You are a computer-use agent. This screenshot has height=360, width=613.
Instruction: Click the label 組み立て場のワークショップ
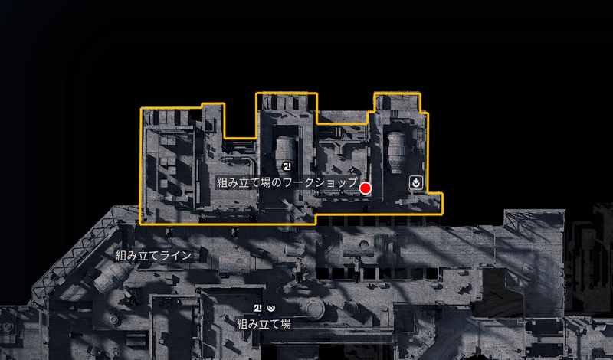[287, 182]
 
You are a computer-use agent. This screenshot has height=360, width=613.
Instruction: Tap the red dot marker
[366, 188]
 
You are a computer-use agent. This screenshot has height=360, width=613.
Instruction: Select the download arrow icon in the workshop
[416, 182]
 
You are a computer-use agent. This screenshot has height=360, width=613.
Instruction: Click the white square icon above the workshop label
[287, 166]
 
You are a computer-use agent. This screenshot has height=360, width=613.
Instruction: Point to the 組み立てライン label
[154, 256]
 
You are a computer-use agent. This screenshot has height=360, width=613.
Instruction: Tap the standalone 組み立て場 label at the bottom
[264, 324]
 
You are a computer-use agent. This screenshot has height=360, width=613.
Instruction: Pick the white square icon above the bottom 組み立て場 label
[257, 309]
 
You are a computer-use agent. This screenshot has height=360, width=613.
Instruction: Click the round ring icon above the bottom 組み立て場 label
[271, 309]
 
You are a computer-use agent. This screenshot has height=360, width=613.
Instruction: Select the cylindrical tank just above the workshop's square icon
[285, 150]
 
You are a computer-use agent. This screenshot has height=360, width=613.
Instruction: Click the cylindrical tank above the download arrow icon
[397, 152]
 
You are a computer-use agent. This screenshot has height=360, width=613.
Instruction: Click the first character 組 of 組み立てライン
[122, 256]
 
